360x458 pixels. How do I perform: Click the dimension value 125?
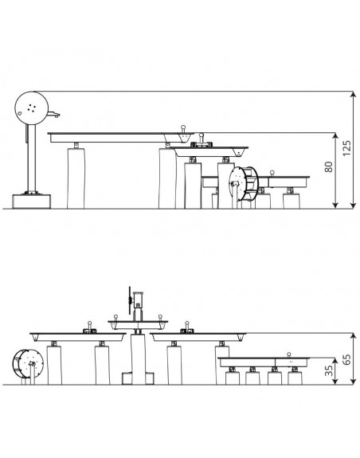point(346,148)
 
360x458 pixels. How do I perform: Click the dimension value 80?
point(329,166)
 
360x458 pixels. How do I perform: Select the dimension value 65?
point(346,359)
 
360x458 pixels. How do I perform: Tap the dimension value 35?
point(329,370)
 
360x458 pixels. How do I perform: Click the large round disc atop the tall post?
point(32,108)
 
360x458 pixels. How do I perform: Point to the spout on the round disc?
point(53,114)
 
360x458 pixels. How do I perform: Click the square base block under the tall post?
point(31,202)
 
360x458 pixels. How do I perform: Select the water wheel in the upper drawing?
point(243,183)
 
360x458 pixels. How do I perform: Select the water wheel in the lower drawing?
point(28,364)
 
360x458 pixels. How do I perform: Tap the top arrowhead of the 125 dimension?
point(354,94)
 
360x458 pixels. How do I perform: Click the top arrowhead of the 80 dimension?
point(335,136)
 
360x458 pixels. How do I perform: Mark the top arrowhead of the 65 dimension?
point(354,336)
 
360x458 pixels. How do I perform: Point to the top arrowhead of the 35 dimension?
point(335,361)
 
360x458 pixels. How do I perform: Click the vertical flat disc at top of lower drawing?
point(129,300)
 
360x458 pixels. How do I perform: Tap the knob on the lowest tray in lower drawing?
point(289,355)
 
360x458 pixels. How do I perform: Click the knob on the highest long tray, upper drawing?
point(183,128)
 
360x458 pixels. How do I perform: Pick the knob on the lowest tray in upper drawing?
point(272,173)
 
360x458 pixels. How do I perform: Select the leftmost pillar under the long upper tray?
point(76,178)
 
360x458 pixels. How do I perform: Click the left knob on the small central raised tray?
point(116,318)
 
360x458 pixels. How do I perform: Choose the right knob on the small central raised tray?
point(160,318)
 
